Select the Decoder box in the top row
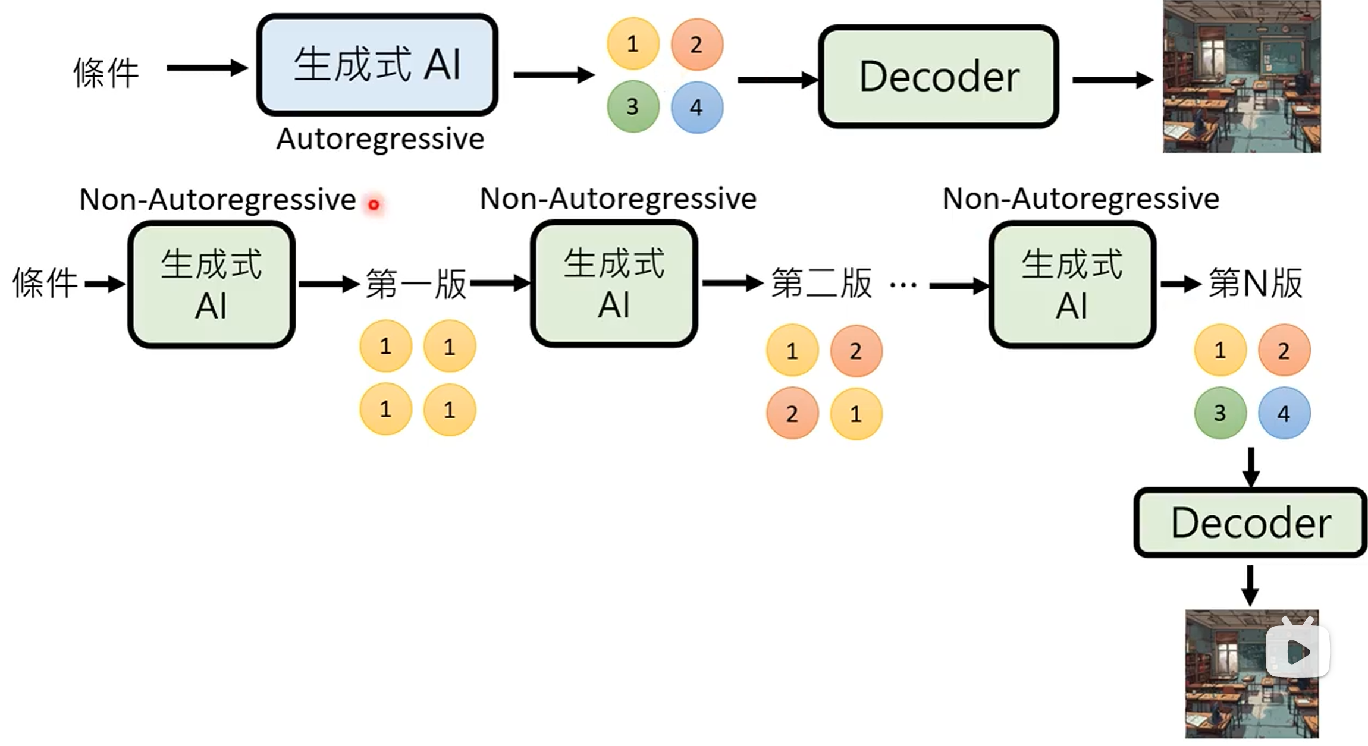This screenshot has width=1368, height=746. [x=938, y=77]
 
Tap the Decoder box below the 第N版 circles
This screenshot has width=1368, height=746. [x=1250, y=522]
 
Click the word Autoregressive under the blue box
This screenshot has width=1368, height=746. [x=380, y=139]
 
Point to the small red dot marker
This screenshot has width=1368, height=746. [x=374, y=205]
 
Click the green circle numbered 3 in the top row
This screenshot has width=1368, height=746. [x=632, y=107]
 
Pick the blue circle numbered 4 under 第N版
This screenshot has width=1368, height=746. [x=1284, y=413]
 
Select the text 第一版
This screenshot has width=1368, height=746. [x=416, y=284]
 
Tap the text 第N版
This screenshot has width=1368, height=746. [x=1256, y=283]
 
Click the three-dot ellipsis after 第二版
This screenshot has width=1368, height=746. [x=903, y=286]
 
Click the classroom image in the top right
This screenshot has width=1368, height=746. [x=1241, y=77]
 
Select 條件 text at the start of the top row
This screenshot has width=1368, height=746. [x=106, y=73]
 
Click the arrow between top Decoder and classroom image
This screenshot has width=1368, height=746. [x=1112, y=80]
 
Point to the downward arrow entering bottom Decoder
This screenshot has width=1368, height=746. [x=1251, y=468]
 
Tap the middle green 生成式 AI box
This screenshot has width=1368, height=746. [x=614, y=284]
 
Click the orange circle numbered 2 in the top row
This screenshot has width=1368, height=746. [x=696, y=45]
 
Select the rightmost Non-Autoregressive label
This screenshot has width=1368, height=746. [x=1081, y=199]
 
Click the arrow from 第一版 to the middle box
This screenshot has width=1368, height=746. [x=500, y=284]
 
